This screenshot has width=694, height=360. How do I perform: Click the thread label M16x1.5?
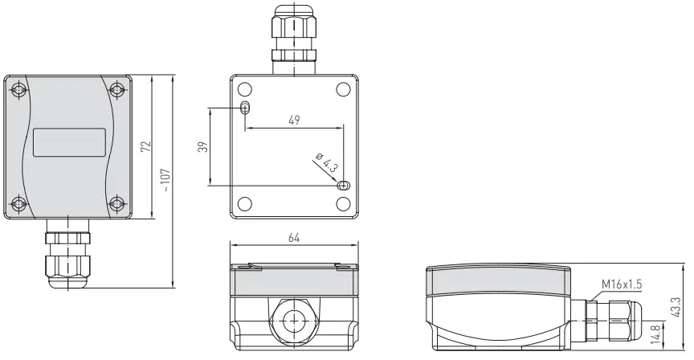[x=621, y=283]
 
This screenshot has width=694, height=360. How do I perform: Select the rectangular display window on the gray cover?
[x=69, y=142]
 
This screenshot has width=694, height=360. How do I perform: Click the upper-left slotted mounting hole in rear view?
[x=245, y=108]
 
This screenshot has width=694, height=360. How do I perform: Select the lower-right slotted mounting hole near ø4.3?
[x=343, y=186]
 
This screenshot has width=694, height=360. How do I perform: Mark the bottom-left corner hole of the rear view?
[x=245, y=204]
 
